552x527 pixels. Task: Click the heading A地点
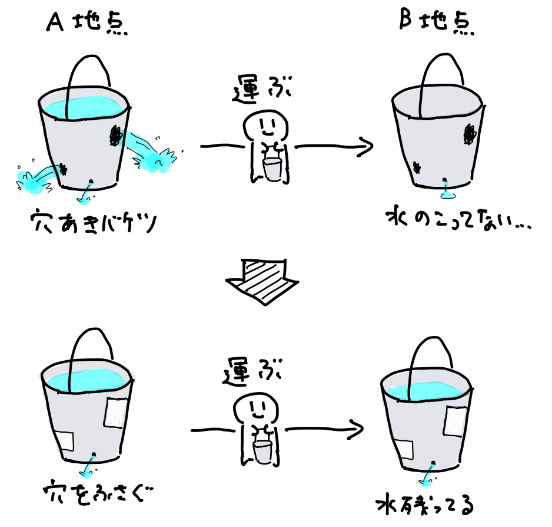point(87,23)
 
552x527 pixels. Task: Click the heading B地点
point(437,22)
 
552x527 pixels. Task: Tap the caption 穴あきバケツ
point(93,222)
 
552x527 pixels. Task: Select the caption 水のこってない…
point(458,219)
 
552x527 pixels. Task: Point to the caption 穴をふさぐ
point(98,492)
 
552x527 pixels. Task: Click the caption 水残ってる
point(425,505)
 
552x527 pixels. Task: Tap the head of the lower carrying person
point(256,409)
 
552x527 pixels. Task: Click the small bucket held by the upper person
point(272,169)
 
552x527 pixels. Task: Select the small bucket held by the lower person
point(262,451)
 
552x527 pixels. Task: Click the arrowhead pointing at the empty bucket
point(365,146)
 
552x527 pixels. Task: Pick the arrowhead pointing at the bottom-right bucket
point(355,429)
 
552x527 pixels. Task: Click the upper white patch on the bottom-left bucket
point(115,413)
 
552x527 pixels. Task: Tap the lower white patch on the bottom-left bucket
point(65,441)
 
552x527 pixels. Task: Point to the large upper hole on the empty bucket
point(469,134)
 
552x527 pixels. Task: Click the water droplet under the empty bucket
point(447,195)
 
